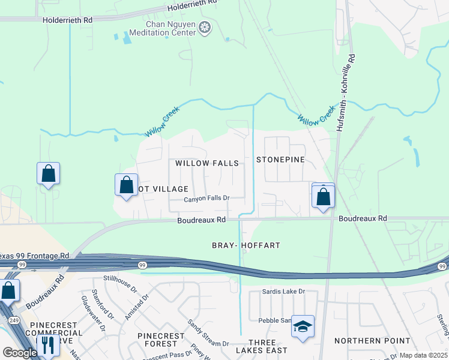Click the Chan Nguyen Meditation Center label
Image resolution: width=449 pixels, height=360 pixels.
[163, 28]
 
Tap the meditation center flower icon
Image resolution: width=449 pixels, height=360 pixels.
[205, 28]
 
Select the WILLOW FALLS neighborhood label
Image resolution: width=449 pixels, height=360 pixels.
[207, 163]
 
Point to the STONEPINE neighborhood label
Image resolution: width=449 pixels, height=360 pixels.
[280, 160]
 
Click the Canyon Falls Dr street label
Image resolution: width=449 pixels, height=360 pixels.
[207, 199]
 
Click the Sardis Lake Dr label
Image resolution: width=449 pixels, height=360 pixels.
[284, 292]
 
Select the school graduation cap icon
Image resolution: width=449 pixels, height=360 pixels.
[303, 327]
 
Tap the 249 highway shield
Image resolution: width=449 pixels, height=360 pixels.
[14, 321]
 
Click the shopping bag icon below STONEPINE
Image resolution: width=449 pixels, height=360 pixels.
[323, 196]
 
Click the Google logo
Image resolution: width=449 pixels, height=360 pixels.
[19, 353]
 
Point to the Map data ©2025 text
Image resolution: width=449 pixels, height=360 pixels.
[423, 355]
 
